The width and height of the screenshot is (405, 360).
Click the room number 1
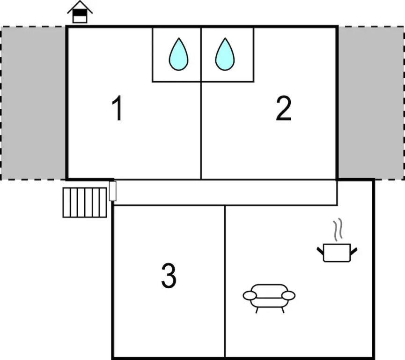(118, 108)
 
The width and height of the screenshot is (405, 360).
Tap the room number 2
(284, 108)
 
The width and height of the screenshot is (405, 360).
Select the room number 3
(169, 276)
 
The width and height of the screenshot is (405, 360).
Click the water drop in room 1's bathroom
(178, 54)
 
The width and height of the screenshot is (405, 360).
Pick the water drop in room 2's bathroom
(225, 54)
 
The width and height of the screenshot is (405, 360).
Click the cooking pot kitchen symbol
(337, 252)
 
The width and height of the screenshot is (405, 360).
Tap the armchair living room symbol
(269, 299)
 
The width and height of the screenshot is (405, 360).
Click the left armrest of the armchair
(250, 296)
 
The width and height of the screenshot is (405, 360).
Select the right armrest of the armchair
(288, 296)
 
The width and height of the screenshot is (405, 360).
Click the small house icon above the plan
(80, 12)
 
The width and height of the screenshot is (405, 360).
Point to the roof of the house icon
(80, 7)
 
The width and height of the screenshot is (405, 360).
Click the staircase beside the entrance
(85, 202)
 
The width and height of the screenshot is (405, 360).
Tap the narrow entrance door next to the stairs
(113, 191)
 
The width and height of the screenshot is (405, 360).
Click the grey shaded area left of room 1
(34, 103)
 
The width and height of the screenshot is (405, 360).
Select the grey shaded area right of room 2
(371, 102)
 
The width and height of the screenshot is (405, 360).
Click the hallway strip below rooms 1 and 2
(226, 192)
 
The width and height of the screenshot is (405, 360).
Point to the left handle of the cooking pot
(320, 250)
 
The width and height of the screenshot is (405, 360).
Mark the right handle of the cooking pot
(353, 250)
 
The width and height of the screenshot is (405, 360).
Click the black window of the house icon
(80, 12)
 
